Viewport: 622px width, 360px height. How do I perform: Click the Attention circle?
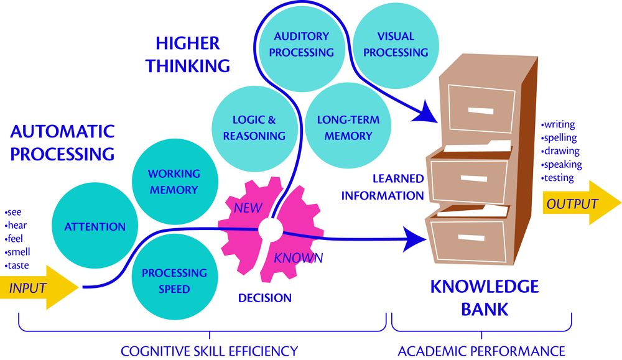pyautogui.click(x=95, y=227)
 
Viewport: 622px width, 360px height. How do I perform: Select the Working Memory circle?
pyautogui.click(x=174, y=182)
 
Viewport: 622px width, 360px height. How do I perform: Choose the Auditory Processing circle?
pyautogui.click(x=301, y=45)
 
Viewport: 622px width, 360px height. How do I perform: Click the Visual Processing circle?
pyautogui.click(x=396, y=45)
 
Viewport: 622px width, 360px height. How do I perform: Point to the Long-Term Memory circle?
pyautogui.click(x=348, y=127)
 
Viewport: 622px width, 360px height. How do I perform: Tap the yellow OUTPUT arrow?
pyautogui.click(x=579, y=204)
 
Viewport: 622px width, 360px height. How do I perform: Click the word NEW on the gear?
pyautogui.click(x=248, y=208)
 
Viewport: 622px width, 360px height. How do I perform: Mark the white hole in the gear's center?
pyautogui.click(x=269, y=229)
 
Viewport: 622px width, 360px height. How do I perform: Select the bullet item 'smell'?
pyautogui.click(x=18, y=252)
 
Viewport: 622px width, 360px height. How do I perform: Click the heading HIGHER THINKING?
pyautogui.click(x=188, y=54)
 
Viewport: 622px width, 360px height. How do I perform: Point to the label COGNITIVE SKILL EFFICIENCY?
pyautogui.click(x=209, y=351)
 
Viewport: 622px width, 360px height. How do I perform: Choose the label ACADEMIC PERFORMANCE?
pyautogui.click(x=481, y=351)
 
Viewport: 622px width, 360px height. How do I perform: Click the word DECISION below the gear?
pyautogui.click(x=265, y=298)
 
